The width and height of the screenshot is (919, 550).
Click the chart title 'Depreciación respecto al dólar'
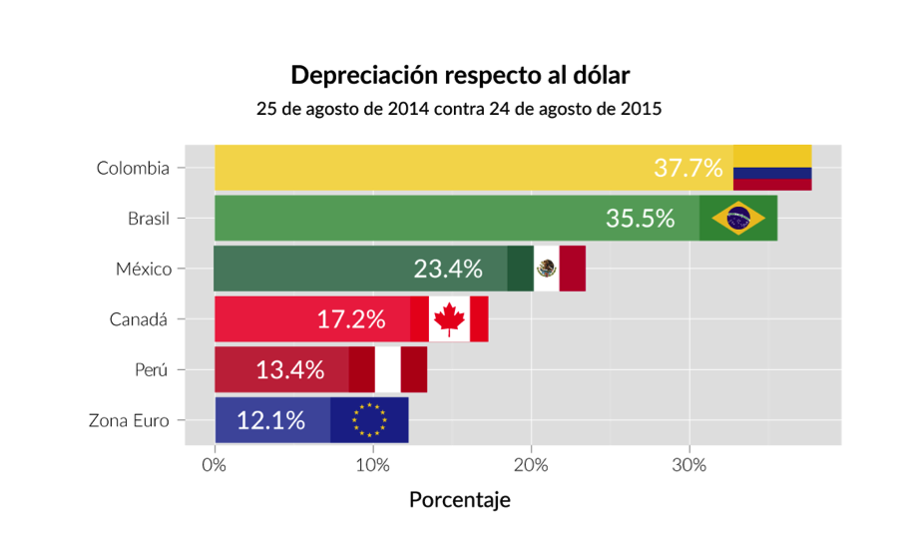pos(460,75)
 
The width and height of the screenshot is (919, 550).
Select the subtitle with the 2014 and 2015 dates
pos(459,108)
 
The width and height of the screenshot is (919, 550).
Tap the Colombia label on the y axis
pos(133,168)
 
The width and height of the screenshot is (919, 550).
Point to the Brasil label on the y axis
pos(149,219)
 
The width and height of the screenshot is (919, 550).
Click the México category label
pos(144,269)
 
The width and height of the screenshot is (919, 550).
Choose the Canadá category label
pos(140,319)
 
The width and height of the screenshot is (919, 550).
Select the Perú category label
pos(153,369)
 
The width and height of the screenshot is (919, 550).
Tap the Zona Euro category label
pos(129,420)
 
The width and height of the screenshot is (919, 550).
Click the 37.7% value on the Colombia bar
pos(688,168)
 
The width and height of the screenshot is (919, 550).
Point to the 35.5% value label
pos(640,219)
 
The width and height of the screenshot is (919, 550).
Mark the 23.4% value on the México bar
pos(448,269)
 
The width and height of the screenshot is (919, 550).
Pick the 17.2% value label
pos(351,319)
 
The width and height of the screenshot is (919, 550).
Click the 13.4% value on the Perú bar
pos(289,369)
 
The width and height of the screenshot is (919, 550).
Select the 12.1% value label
pos(270,420)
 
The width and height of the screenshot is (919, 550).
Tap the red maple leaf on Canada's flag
pos(449,319)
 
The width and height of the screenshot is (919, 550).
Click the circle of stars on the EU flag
pos(369,420)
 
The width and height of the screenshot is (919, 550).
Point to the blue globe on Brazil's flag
pos(738,219)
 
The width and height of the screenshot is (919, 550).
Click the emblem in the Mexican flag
pos(546,269)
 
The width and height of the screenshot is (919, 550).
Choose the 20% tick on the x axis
pos(531,465)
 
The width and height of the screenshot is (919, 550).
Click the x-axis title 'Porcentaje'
pos(459,499)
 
